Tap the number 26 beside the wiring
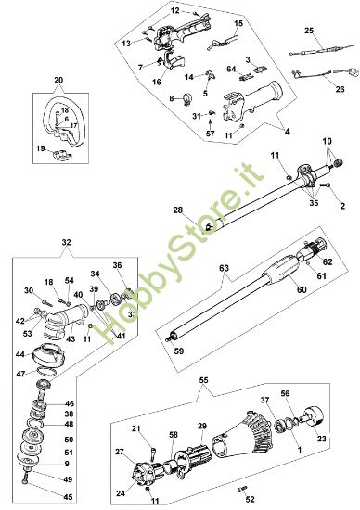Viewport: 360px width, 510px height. [x=340, y=89]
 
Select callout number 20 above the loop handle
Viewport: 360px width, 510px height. [x=59, y=81]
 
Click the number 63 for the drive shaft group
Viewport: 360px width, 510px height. [x=223, y=269]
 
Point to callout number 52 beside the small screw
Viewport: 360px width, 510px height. [x=251, y=497]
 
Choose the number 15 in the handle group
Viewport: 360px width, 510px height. [x=238, y=22]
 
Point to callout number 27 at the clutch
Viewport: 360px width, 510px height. [x=119, y=452]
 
